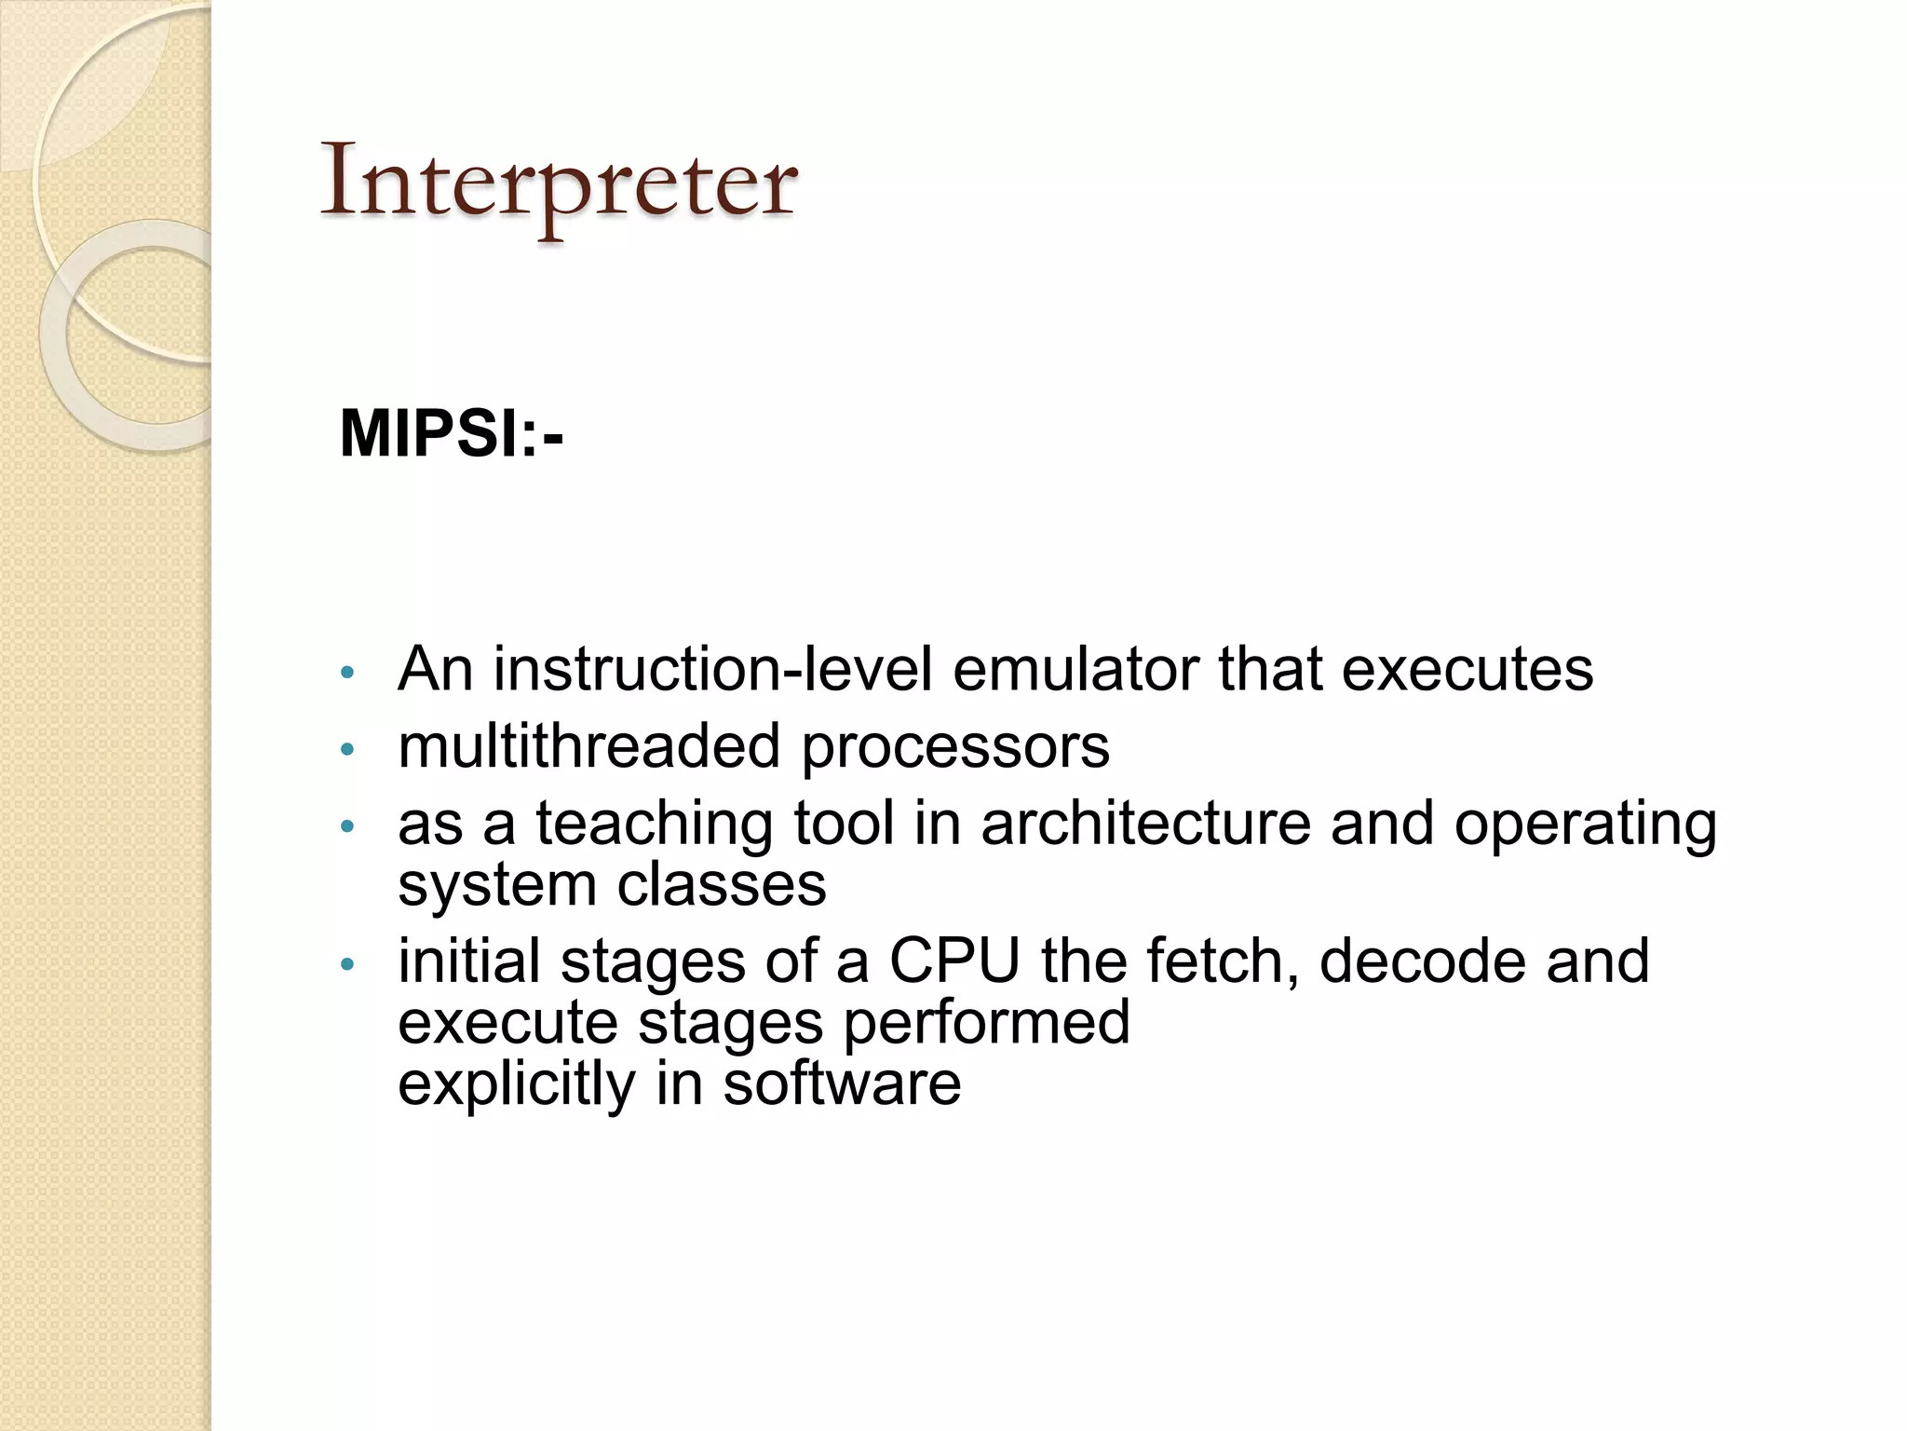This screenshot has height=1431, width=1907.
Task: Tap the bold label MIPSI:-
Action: click(x=452, y=433)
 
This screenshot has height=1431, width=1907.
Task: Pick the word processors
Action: click(x=955, y=748)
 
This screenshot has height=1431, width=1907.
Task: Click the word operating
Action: click(x=1585, y=825)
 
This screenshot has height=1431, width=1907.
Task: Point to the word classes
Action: click(x=722, y=884)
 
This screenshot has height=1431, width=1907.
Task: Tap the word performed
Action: click(x=986, y=1023)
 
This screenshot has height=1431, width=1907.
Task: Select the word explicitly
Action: click(x=516, y=1084)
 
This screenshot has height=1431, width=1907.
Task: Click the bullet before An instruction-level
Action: click(x=347, y=672)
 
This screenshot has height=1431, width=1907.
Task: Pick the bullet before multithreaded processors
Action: click(x=347, y=749)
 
